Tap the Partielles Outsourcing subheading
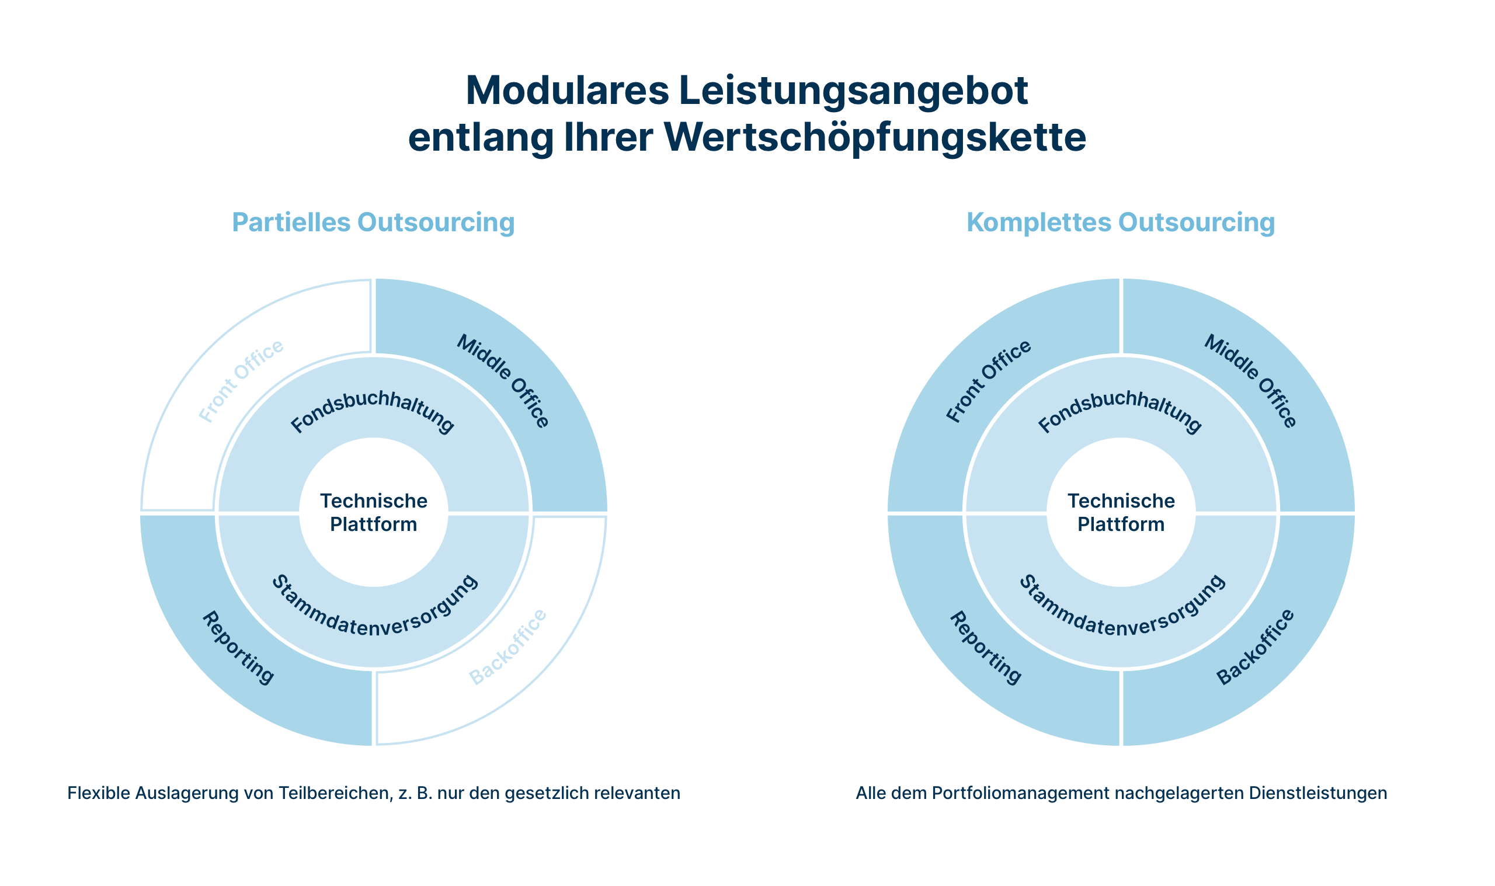[373, 223]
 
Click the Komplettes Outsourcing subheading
[1121, 223]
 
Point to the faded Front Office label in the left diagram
[241, 381]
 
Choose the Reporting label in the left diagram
[238, 648]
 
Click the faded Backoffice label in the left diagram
[508, 647]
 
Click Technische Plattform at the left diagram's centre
[374, 512]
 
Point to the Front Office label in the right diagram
[989, 381]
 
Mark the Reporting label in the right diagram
[986, 648]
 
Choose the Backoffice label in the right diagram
[1256, 647]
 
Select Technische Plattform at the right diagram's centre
[1121, 512]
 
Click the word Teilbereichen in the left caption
[335, 794]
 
